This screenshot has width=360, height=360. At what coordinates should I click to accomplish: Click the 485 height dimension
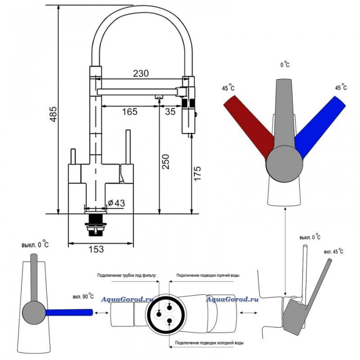pos(53,114)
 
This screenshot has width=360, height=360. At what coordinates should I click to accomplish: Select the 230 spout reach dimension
pos(141,74)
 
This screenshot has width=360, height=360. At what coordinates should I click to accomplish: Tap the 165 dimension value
pos(130,112)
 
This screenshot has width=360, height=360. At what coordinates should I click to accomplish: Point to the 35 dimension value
pos(170,112)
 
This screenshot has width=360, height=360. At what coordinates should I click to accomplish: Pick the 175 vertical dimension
pos(197,173)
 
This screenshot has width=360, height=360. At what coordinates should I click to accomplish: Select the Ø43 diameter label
pos(116,203)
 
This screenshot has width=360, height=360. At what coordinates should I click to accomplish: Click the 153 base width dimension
pos(96,249)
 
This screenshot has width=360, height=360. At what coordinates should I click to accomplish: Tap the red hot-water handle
pos(248,127)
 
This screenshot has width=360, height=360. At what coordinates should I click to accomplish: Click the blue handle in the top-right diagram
pos(320,127)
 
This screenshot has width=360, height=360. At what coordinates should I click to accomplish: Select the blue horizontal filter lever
pos(69,313)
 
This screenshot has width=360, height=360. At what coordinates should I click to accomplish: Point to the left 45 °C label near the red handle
pos(228,87)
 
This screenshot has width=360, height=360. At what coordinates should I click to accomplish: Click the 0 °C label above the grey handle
pos(285,64)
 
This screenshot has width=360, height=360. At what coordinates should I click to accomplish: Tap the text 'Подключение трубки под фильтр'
pos(127,275)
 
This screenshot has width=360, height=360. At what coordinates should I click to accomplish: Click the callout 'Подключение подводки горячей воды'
pos(208,275)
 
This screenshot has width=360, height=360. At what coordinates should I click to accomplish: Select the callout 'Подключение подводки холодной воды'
pos(209,343)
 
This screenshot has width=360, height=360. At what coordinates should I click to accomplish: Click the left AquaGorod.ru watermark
pos(127,299)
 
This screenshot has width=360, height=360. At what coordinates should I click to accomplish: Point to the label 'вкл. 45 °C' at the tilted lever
pos(334,251)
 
